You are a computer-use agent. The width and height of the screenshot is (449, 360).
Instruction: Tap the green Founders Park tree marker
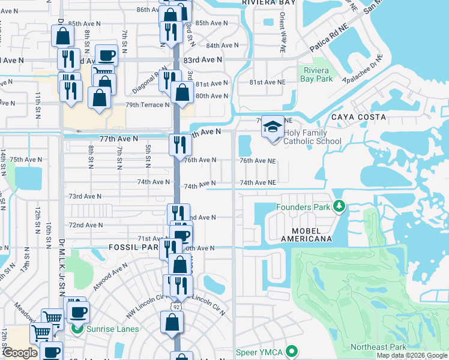point(339,207)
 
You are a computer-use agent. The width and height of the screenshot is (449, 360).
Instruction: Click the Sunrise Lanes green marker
point(77,329)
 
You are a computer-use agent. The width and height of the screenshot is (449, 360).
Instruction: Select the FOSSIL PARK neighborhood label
point(133,247)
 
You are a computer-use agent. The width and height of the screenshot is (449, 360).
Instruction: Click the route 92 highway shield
point(175,307)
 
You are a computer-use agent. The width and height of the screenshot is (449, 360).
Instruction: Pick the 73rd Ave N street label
point(85,196)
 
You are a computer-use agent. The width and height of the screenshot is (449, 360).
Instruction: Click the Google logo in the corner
point(20,353)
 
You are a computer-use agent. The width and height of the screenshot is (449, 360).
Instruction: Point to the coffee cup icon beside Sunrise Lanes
point(78,312)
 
